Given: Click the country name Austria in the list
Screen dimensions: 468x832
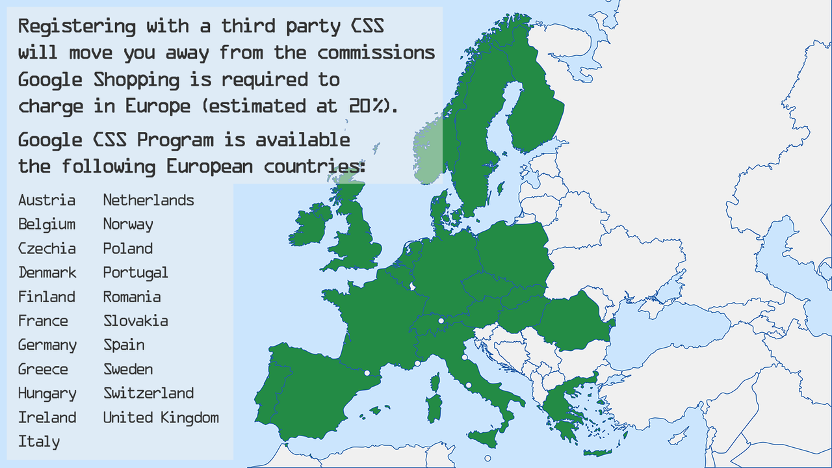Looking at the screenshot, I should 47,200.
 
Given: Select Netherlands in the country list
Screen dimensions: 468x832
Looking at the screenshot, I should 148,200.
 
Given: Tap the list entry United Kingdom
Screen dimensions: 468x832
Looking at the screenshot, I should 161,417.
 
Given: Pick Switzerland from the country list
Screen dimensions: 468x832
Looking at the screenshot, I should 148,393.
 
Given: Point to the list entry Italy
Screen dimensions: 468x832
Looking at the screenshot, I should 39,441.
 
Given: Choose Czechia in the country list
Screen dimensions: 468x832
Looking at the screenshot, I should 47,248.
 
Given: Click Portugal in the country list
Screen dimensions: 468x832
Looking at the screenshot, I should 135,272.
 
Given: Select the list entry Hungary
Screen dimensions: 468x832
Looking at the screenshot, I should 47,393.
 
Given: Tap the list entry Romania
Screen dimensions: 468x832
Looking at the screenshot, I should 132,297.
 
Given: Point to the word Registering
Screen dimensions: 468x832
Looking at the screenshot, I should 77,27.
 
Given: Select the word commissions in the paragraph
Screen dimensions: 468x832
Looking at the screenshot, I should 376,53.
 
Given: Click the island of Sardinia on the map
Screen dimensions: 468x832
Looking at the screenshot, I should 434,408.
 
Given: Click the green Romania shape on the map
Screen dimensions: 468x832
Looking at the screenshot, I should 576,320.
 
